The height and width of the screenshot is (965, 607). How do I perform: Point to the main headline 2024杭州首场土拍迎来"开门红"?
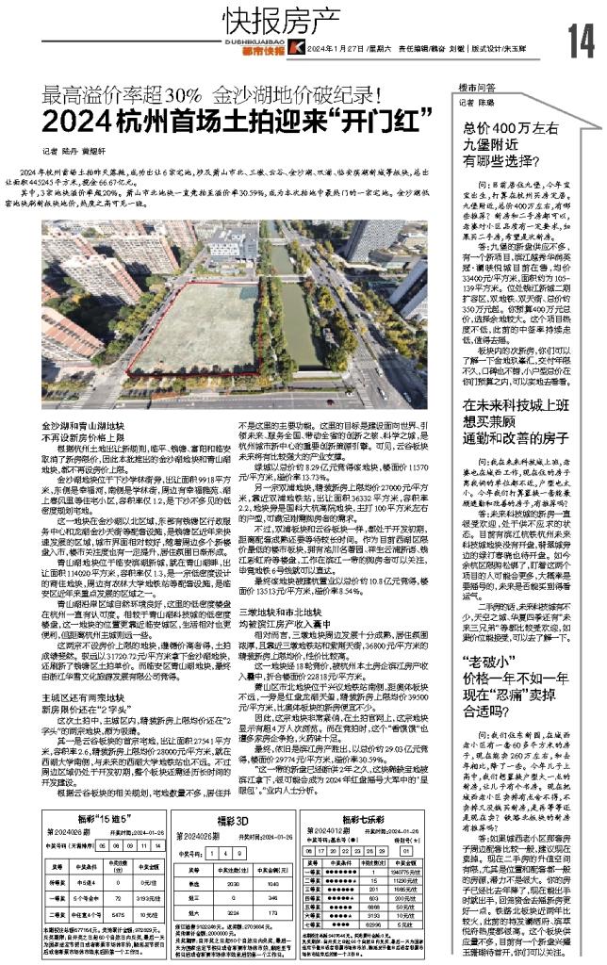click(232, 120)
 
